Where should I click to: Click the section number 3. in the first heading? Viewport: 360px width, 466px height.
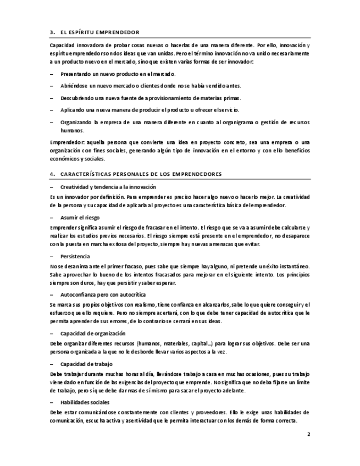(52, 32)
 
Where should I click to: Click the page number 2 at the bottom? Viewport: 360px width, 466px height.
(309, 434)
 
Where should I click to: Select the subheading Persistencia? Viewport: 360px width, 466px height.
(75, 257)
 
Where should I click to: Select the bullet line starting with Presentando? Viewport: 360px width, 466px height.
(118, 74)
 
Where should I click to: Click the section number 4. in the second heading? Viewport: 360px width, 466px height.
(52, 174)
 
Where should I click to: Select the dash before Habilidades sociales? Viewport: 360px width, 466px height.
(51, 403)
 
